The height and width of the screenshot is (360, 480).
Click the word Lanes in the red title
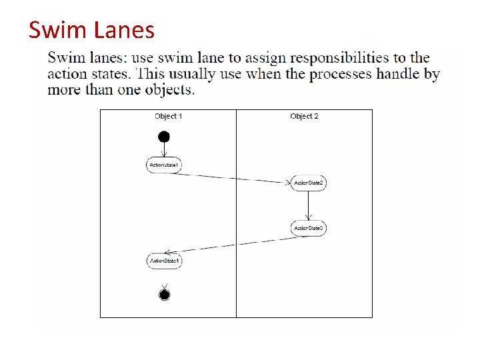coord(126,30)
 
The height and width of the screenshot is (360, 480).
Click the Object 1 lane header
coord(168,116)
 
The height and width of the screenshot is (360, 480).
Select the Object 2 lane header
coord(304,116)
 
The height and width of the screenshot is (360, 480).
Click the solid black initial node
coord(164,137)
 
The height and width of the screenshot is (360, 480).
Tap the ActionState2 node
coord(308,183)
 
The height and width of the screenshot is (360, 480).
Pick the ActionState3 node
coord(308,228)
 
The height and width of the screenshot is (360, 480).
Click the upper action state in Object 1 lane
coord(164,165)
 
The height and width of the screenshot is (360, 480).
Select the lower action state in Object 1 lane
coord(164,261)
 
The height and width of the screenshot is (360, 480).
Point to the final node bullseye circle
coord(165,294)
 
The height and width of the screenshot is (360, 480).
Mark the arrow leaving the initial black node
coord(164,150)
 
